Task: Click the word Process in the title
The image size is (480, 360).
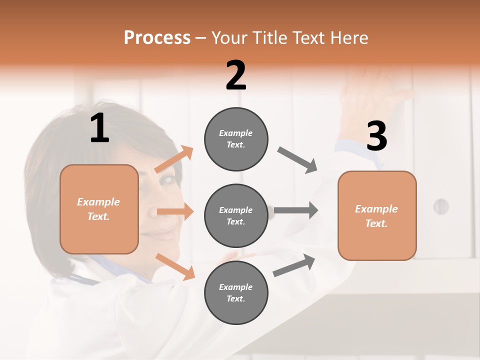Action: point(157,38)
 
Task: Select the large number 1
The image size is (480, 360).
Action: point(99,128)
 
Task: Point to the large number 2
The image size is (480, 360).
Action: point(236,75)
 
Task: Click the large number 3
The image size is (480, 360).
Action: point(376,136)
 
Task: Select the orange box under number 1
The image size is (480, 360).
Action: point(99,209)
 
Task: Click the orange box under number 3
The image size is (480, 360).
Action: point(377,215)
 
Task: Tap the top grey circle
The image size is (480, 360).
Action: point(236,139)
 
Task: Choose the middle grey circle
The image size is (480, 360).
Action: point(236,215)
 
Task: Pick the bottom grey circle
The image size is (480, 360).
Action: point(236,292)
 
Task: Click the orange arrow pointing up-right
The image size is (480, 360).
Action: point(174,159)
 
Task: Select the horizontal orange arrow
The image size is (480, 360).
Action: point(175,211)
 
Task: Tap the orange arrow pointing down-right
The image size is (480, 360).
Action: point(175,266)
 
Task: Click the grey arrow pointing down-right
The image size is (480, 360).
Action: point(298,160)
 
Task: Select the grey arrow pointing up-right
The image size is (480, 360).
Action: point(294,265)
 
